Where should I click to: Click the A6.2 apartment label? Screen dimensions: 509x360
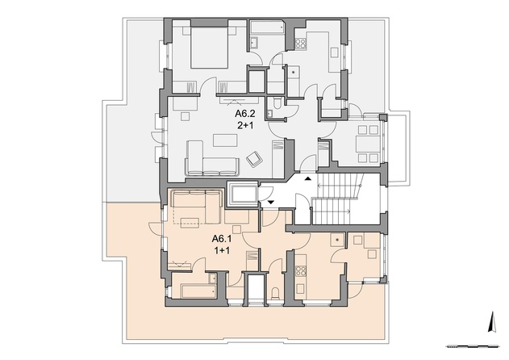point(245,114)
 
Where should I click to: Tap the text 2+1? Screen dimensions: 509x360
point(245,125)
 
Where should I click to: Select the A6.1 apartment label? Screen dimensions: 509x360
point(222,239)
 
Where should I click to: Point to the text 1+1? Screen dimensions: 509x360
point(222,250)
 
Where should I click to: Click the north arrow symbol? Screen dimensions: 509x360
point(493,322)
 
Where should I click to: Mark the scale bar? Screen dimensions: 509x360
point(473,346)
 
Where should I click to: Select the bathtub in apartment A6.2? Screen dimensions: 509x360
point(268,27)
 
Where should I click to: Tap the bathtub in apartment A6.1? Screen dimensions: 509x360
point(198,291)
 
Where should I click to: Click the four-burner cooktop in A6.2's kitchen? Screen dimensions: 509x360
point(300,44)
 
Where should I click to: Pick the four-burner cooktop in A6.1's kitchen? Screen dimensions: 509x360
point(300,271)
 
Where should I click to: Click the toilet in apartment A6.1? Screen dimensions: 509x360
point(276,292)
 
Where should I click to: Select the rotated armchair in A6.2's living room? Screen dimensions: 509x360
point(255,159)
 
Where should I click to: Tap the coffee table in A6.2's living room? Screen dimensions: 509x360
point(225,140)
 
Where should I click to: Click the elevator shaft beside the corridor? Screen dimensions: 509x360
point(243,195)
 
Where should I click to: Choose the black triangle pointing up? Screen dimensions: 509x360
point(307,178)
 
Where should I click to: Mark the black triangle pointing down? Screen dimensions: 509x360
point(271,203)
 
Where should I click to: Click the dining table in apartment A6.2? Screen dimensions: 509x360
point(368,144)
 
